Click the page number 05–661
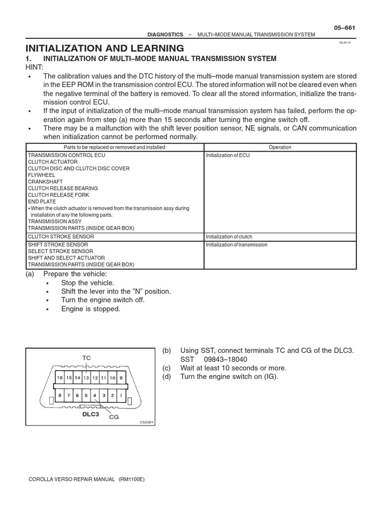pyautogui.click(x=344, y=27)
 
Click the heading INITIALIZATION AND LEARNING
pyautogui.click(x=105, y=48)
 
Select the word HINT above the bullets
pyautogui.click(x=34, y=67)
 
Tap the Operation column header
pyautogui.click(x=280, y=147)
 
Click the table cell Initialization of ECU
pyautogui.click(x=228, y=155)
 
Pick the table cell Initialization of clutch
pyautogui.click(x=230, y=237)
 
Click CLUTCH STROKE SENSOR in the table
pyautogui.click(x=61, y=237)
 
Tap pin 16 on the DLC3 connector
pyautogui.click(x=60, y=378)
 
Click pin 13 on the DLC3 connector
pyautogui.click(x=86, y=378)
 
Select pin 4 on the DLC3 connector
pyautogui.click(x=95, y=396)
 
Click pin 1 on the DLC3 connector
pyautogui.click(x=121, y=396)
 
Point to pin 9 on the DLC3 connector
pyautogui.click(x=121, y=378)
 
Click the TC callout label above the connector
pyautogui.click(x=87, y=358)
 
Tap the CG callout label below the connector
pyautogui.click(x=114, y=417)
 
